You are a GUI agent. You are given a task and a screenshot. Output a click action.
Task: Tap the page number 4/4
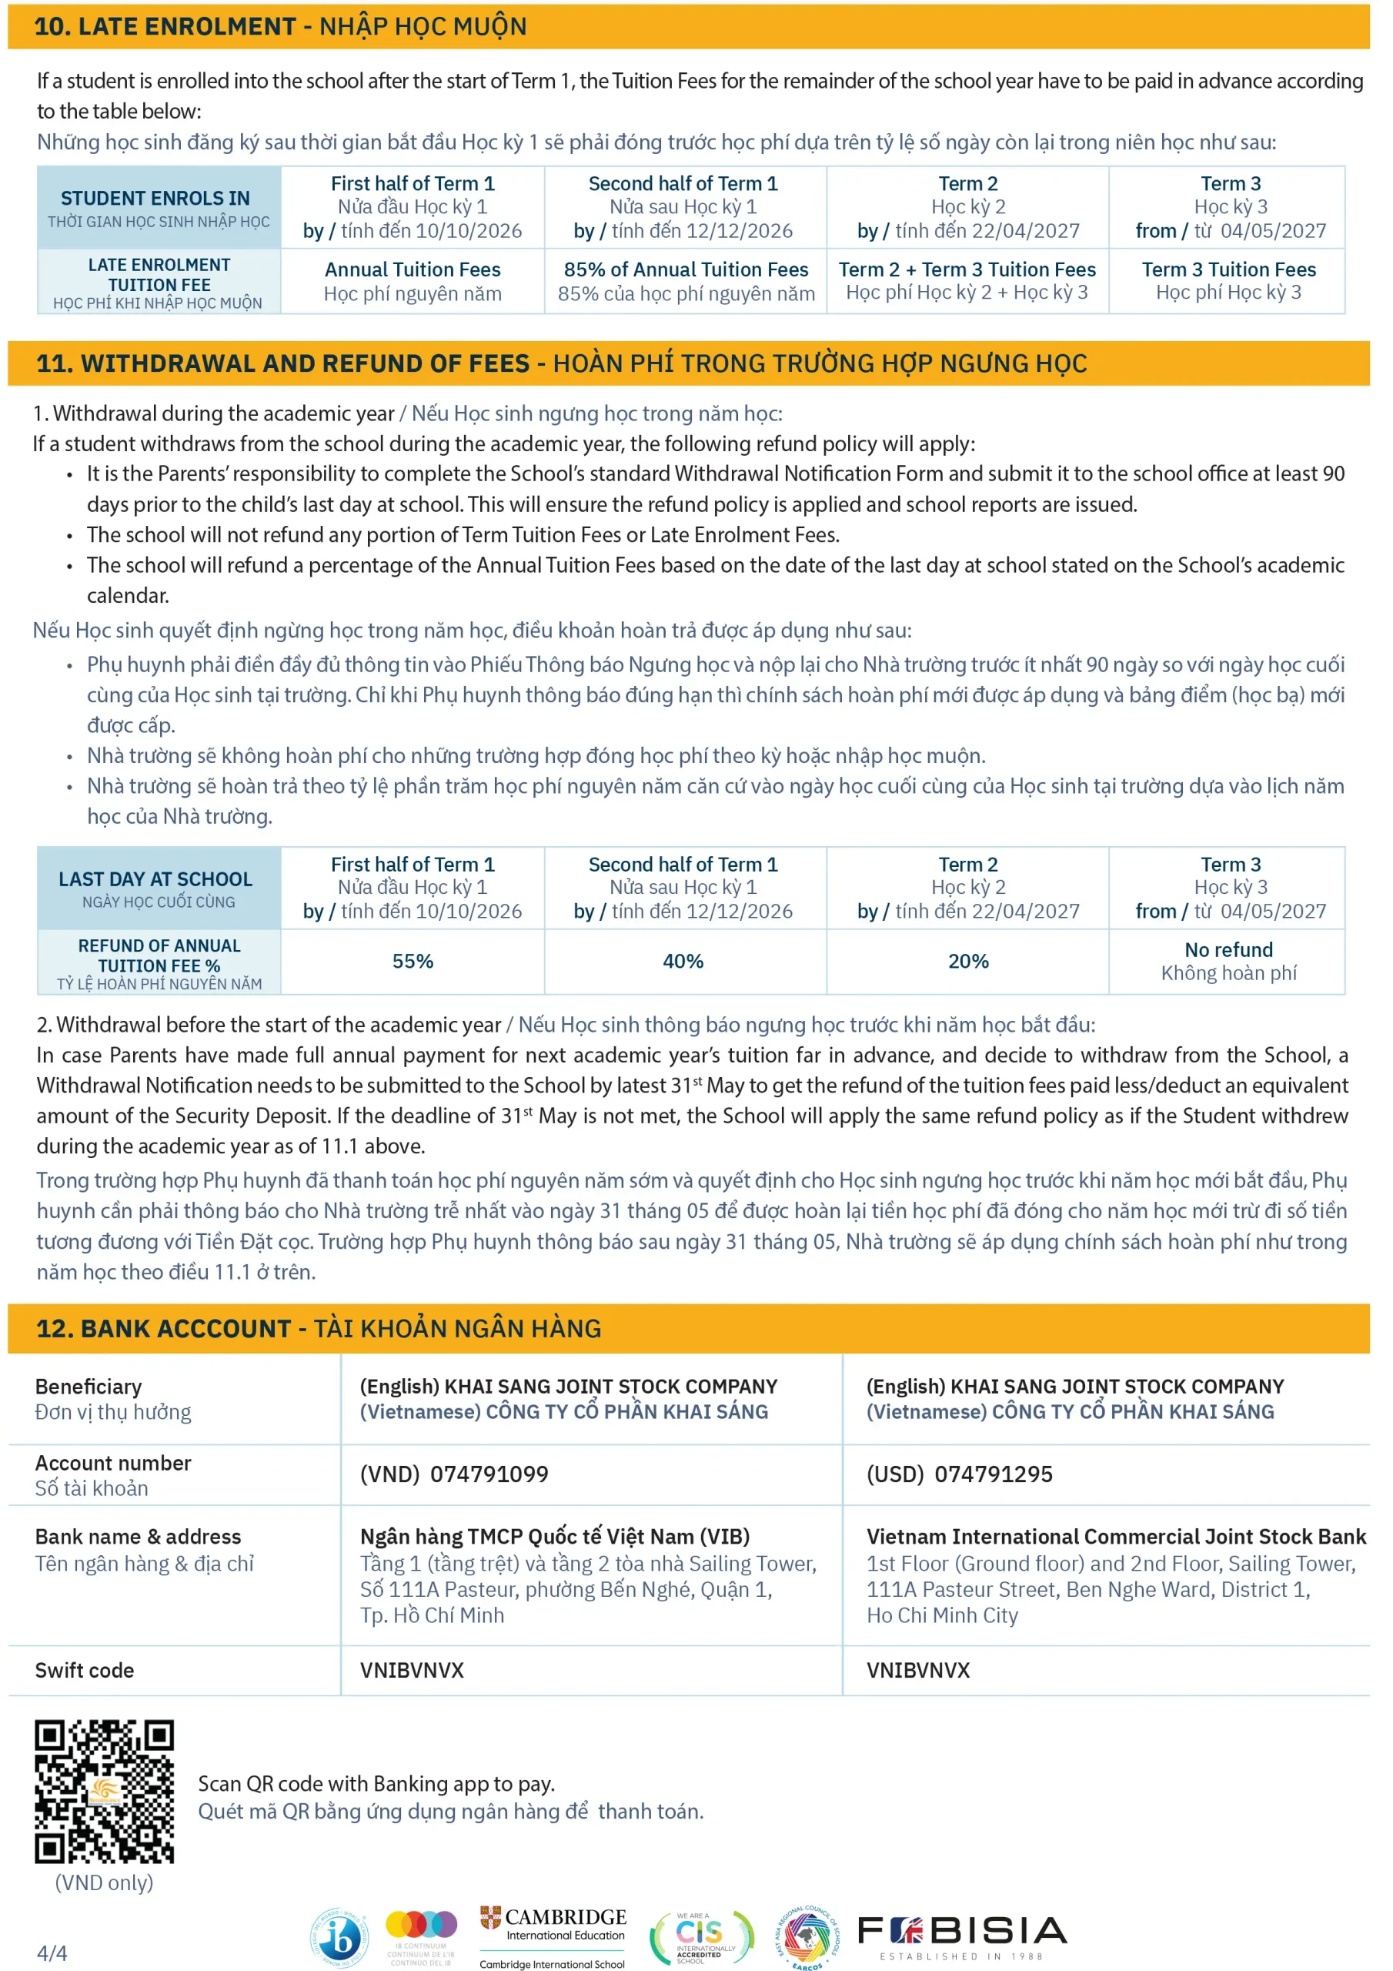(52, 1953)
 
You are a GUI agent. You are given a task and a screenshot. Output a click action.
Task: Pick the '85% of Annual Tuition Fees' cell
(686, 281)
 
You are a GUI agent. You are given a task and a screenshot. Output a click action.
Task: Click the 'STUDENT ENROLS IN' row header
(159, 208)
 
